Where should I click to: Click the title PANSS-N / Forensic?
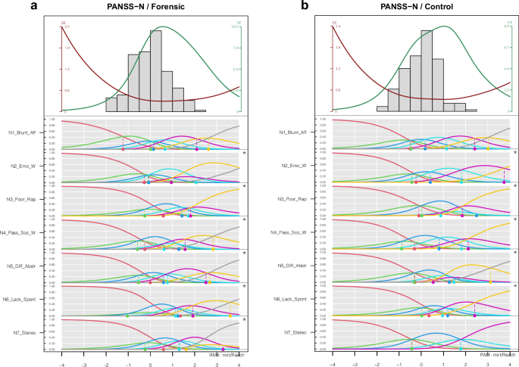pos(150,8)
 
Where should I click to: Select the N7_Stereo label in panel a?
pos(25,333)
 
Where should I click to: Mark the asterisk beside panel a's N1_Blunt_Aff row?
pos(243,153)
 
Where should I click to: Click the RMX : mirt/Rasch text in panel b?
pos(496,353)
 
